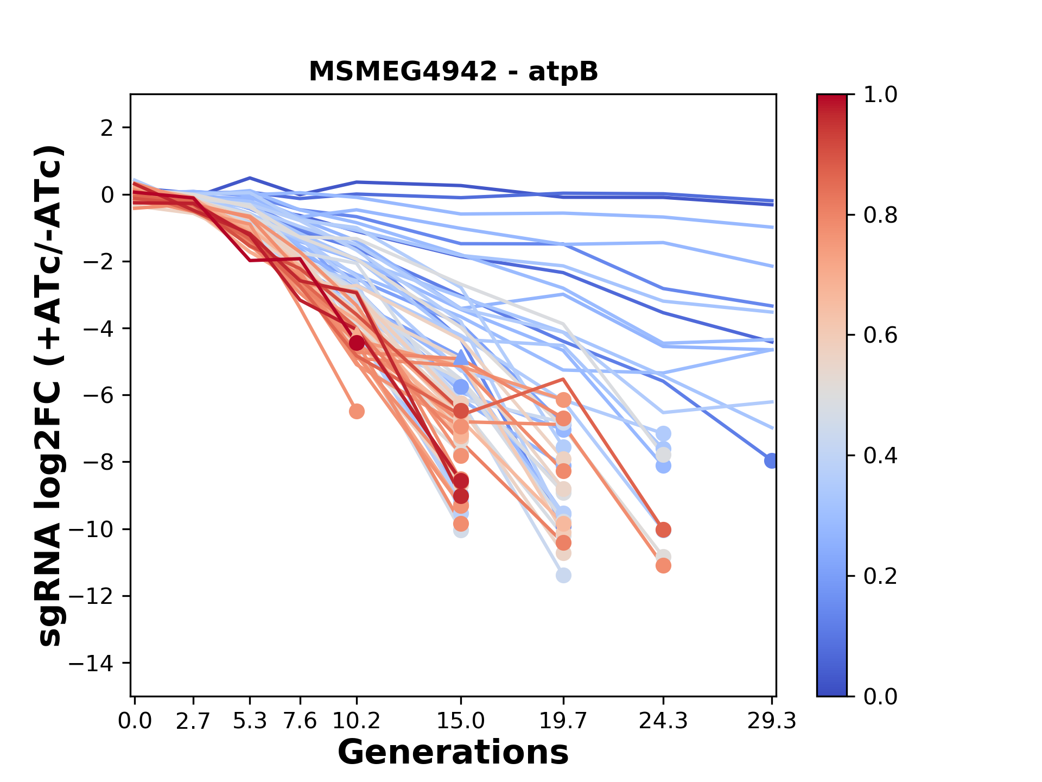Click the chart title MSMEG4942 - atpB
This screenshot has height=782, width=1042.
tap(453, 72)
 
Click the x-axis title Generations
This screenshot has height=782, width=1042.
tap(453, 753)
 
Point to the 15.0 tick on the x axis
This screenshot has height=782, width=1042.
tap(461, 721)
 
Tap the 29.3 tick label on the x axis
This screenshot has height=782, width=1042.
tap(771, 721)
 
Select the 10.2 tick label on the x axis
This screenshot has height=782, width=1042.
tap(357, 721)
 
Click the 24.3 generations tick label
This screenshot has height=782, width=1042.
tap(663, 721)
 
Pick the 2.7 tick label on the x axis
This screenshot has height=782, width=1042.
tap(193, 721)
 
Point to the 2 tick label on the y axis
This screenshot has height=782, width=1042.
tap(108, 128)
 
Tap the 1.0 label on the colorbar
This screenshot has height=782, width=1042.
tap(880, 95)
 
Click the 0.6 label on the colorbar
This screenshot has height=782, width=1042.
tap(880, 336)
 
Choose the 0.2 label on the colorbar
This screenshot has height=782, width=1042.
tap(880, 576)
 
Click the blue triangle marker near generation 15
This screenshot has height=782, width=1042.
tap(461, 357)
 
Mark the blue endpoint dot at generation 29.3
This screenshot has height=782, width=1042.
tap(771, 461)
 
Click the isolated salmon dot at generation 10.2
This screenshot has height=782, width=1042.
tap(357, 411)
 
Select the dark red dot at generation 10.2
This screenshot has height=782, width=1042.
tap(357, 343)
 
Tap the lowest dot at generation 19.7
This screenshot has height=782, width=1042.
tap(563, 575)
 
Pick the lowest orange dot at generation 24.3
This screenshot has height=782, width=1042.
tap(663, 566)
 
